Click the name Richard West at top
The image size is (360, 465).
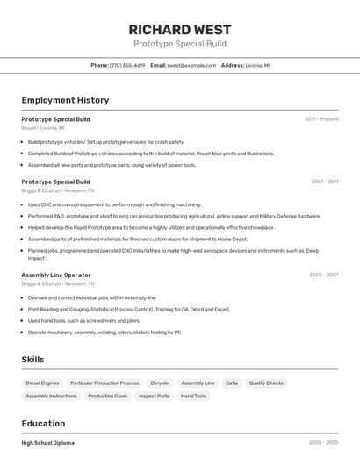pyautogui.click(x=179, y=30)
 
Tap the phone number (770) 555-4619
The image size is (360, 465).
pyautogui.click(x=127, y=65)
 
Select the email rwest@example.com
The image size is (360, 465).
pyautogui.click(x=191, y=65)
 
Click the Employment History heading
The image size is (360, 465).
pyautogui.click(x=65, y=100)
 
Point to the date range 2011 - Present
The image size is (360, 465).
pyautogui.click(x=321, y=118)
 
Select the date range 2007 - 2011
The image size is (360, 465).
pyautogui.click(x=324, y=182)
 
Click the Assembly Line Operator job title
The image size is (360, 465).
pyautogui.click(x=56, y=275)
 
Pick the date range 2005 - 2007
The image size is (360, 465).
pyautogui.click(x=324, y=275)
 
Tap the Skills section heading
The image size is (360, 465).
pyautogui.click(x=32, y=360)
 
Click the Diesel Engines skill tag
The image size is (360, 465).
pyautogui.click(x=42, y=383)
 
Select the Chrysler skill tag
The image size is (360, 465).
pyautogui.click(x=160, y=383)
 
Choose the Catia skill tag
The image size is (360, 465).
pyautogui.click(x=232, y=383)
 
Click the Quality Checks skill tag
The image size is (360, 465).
pyautogui.click(x=266, y=383)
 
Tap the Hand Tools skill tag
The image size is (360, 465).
pyautogui.click(x=194, y=396)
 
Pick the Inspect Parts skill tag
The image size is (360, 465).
pyautogui.click(x=154, y=396)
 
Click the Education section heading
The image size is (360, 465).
pyautogui.click(x=43, y=423)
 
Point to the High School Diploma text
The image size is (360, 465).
pyautogui.click(x=48, y=443)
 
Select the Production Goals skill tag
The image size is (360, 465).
pyautogui.click(x=108, y=396)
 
